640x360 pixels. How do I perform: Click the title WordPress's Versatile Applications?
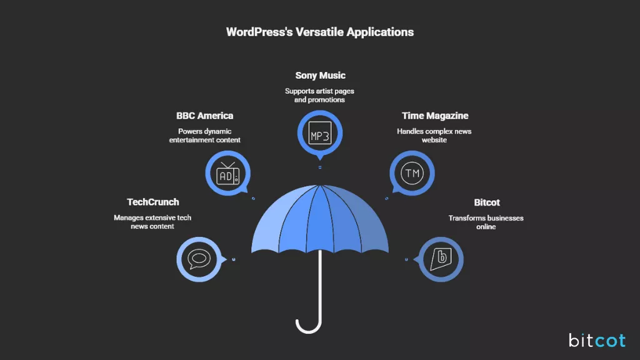pyautogui.click(x=320, y=32)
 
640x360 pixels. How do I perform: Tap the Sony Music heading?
pyautogui.click(x=320, y=76)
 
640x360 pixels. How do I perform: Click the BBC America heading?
pyautogui.click(x=204, y=116)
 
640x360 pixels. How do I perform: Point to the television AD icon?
pyautogui.click(x=227, y=176)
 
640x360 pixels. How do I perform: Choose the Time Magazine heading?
pyautogui.click(x=434, y=116)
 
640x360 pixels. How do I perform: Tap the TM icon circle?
pyautogui.click(x=412, y=173)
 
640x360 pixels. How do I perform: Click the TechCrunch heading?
pyautogui.click(x=152, y=202)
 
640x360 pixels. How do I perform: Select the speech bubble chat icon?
pyautogui.click(x=199, y=259)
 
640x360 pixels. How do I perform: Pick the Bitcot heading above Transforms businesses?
pyautogui.click(x=486, y=202)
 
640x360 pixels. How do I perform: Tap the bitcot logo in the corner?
pyautogui.click(x=597, y=340)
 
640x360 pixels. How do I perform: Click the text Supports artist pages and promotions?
pyautogui.click(x=319, y=96)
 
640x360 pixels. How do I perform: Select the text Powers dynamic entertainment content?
pyautogui.click(x=204, y=136)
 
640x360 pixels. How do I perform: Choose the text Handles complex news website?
pyautogui.click(x=434, y=136)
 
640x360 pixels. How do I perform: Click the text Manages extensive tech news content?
pyautogui.click(x=152, y=222)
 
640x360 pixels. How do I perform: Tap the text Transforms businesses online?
pyautogui.click(x=486, y=222)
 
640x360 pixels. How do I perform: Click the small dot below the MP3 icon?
pyautogui.click(x=320, y=167)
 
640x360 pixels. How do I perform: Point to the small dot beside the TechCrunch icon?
pyautogui.click(x=234, y=259)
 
